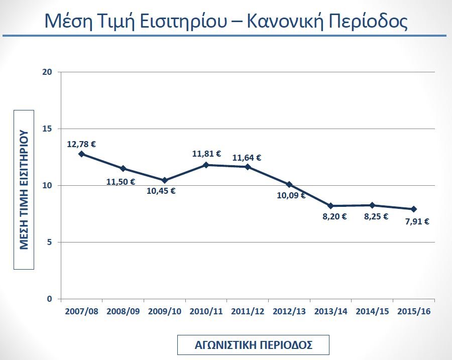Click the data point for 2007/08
[x=81, y=154]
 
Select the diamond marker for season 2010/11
[x=206, y=165]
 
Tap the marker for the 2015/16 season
[x=414, y=209]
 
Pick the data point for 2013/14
[x=330, y=206]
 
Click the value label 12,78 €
[x=81, y=144]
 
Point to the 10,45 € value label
[x=161, y=191]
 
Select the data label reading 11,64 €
[x=247, y=158]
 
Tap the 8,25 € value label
[x=376, y=216]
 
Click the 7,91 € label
[x=417, y=221]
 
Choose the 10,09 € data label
[x=291, y=195]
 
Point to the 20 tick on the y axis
[x=47, y=72]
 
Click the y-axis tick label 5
[x=50, y=242]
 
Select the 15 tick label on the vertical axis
[x=47, y=129]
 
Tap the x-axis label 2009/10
[x=165, y=312]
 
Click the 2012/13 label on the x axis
[x=289, y=312]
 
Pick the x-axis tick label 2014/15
[x=372, y=312]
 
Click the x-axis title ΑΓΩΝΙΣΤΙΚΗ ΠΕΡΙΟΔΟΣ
[x=254, y=345]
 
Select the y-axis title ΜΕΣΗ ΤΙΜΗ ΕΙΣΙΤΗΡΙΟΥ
[x=24, y=190]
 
